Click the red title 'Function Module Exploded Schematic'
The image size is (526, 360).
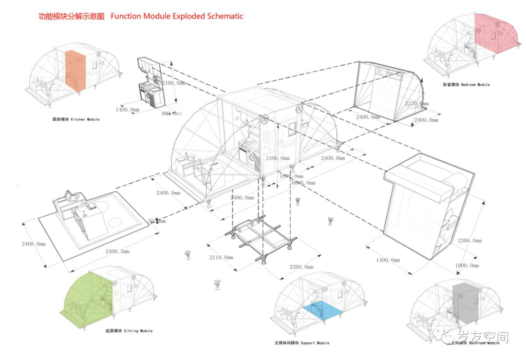coord(176,16)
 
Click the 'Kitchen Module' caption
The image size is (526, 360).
coord(75,119)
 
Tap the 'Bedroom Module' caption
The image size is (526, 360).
coord(466,85)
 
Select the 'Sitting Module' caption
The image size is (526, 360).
coord(129,331)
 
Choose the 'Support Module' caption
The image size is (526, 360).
coord(302,343)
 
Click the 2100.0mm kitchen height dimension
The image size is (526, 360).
coord(174,83)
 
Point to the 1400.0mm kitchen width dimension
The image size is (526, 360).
coord(128,110)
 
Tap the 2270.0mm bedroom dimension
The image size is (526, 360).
coord(417,103)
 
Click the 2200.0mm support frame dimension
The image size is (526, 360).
coord(301,267)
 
